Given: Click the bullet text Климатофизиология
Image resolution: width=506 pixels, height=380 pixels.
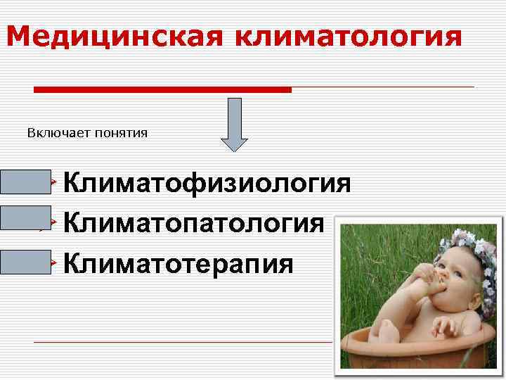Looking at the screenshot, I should pos(207,184).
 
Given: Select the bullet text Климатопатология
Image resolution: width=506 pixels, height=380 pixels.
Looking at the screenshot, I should pos(194,224).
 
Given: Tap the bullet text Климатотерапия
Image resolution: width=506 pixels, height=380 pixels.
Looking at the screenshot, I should pos(179,264).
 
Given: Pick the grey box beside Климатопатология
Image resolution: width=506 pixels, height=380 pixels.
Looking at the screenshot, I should pos(25,217).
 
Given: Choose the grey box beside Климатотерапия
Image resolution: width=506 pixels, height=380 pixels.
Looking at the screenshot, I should pos(25,261).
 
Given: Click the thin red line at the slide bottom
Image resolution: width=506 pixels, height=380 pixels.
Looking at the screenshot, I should pos(183,342).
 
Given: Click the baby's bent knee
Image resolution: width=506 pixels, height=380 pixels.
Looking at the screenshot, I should pos(384,329).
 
